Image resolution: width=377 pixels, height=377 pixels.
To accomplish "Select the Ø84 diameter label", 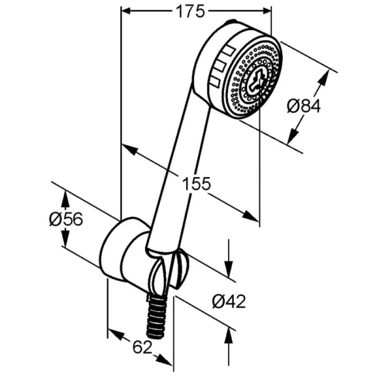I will pyautogui.click(x=303, y=106).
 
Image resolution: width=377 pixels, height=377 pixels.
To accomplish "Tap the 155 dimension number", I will pyautogui.click(x=196, y=183).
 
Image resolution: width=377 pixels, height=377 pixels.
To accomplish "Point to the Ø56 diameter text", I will pyautogui.click(x=65, y=219).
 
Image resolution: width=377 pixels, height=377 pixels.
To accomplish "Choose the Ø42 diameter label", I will pyautogui.click(x=229, y=302).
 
